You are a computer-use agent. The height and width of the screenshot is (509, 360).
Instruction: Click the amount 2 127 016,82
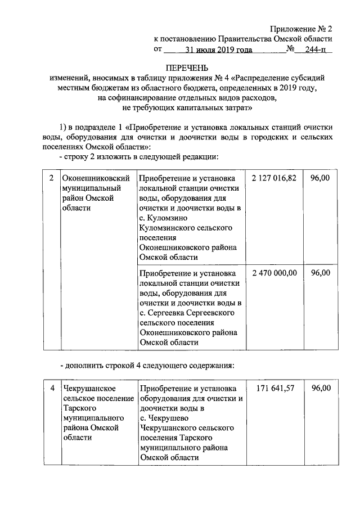coord(274,178)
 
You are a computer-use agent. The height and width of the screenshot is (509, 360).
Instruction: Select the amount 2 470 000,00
coord(274,273)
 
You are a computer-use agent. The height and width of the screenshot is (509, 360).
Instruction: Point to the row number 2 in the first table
coord(51,178)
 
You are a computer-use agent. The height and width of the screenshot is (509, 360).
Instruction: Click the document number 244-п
coord(315,49)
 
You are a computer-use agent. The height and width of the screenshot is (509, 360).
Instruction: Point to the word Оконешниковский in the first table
coord(97,178)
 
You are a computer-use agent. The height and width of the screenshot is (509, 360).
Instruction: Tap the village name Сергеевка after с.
coord(170,313)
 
